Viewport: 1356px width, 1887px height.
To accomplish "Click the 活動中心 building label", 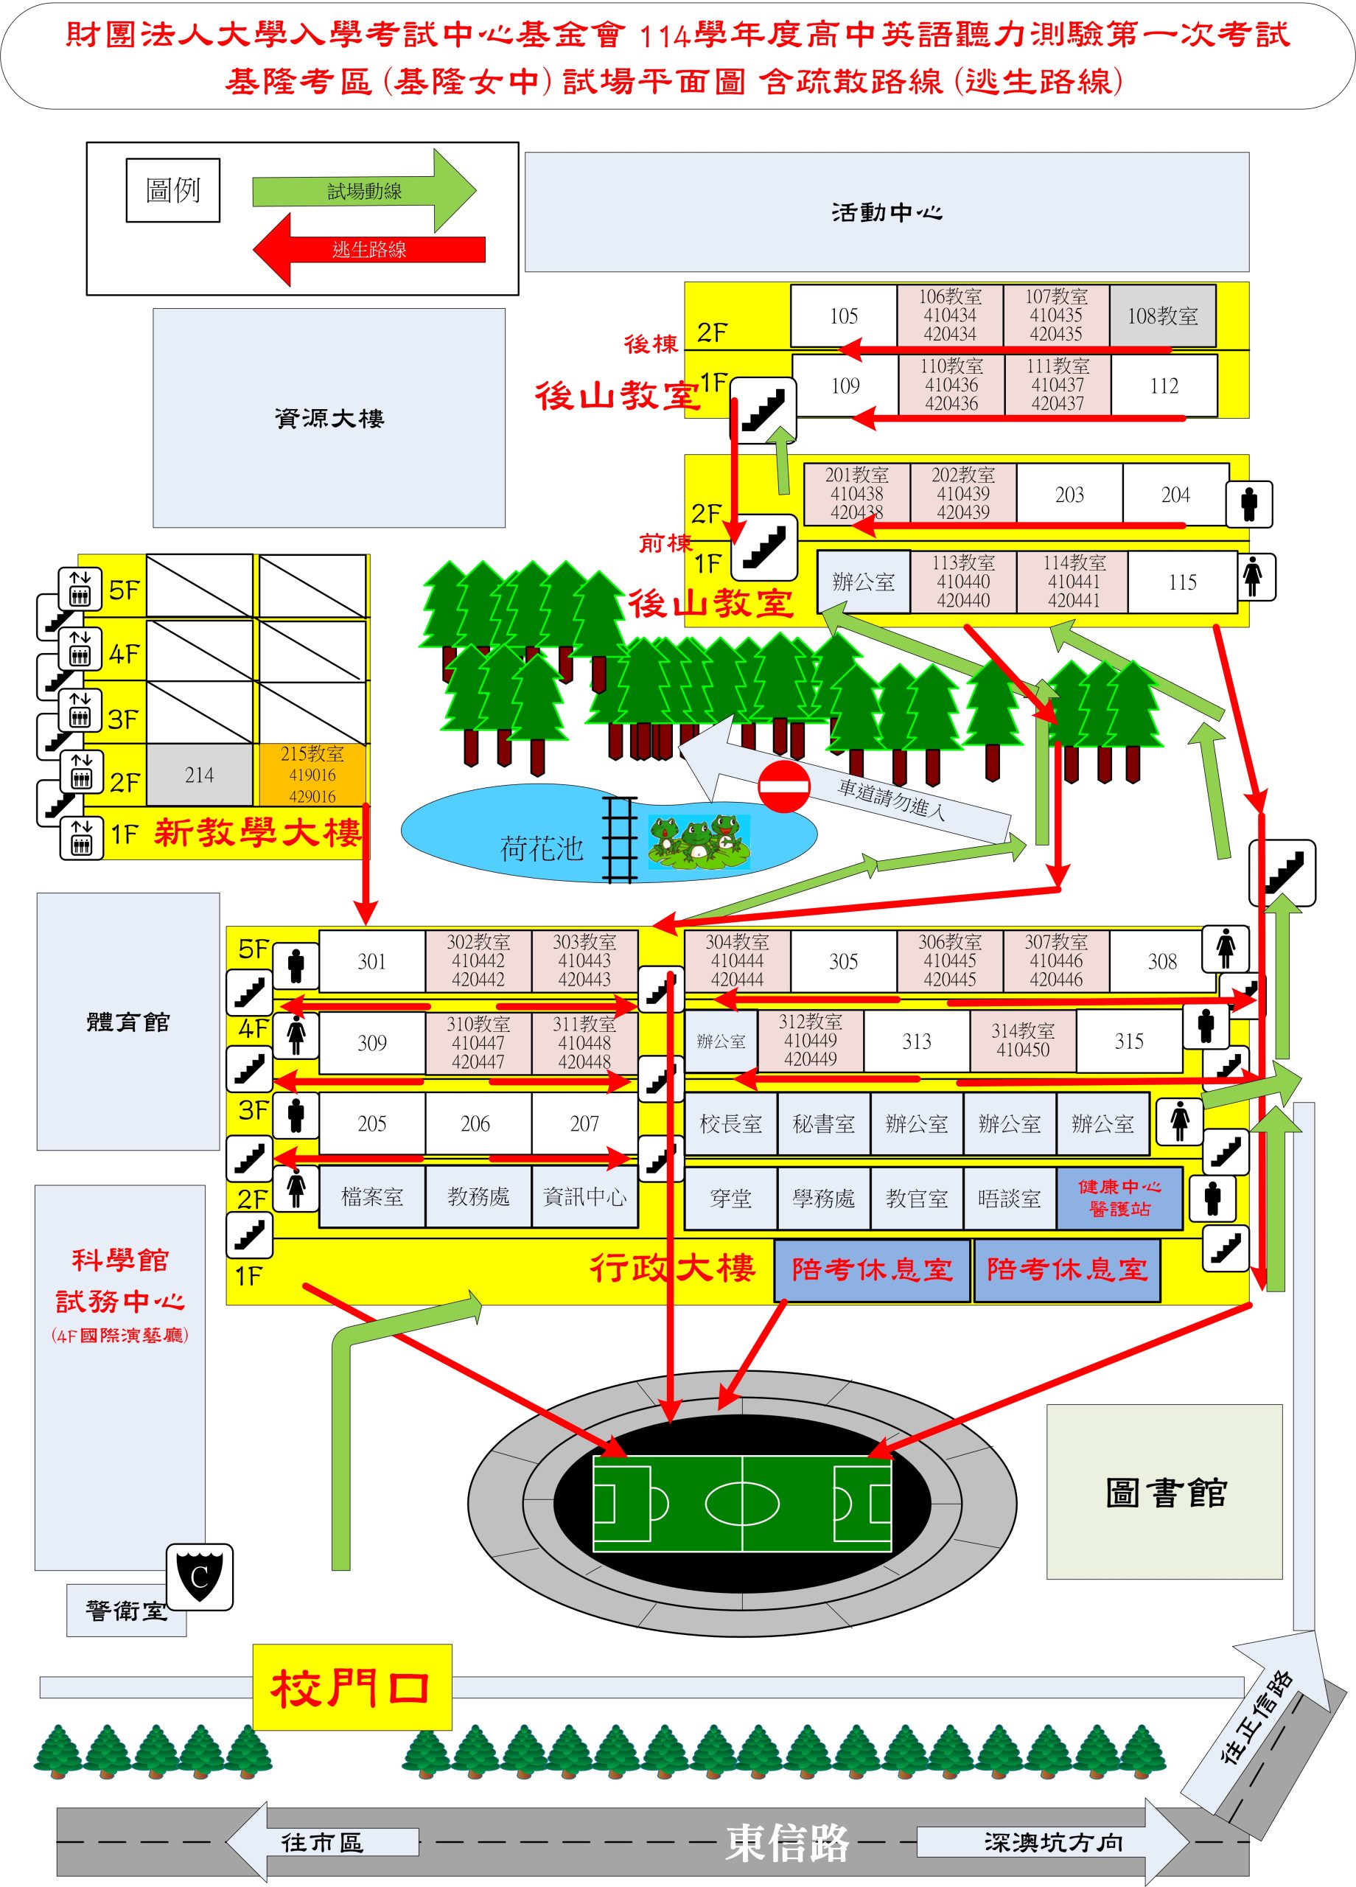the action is point(887,212).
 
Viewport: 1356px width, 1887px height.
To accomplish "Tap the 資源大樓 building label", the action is point(329,418).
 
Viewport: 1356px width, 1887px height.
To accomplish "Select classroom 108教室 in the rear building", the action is point(1162,315).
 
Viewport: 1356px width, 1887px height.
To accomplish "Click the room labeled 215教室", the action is point(312,775).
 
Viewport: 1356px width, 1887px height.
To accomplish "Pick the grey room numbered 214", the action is point(200,775).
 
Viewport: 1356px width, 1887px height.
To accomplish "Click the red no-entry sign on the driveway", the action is point(783,786).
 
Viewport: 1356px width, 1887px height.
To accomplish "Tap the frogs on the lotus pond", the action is point(699,842).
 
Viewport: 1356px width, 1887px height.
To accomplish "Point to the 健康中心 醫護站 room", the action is point(1119,1198).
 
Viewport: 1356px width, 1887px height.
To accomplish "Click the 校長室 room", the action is point(730,1124).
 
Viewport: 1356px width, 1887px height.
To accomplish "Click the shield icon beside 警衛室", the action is point(200,1577).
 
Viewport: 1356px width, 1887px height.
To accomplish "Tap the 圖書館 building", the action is point(1164,1493).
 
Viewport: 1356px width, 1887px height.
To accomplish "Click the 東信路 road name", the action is point(787,1842).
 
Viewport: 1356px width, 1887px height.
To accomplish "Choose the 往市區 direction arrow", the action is point(322,1842).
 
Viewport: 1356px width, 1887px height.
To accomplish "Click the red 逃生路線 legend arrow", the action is point(369,250).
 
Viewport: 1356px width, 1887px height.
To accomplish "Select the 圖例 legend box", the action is point(173,190).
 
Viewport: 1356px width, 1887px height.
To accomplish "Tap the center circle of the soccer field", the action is point(742,1504).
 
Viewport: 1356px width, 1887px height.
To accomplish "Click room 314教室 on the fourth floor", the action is point(1022,1041).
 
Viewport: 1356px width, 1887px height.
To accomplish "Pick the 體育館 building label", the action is point(128,1022).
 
